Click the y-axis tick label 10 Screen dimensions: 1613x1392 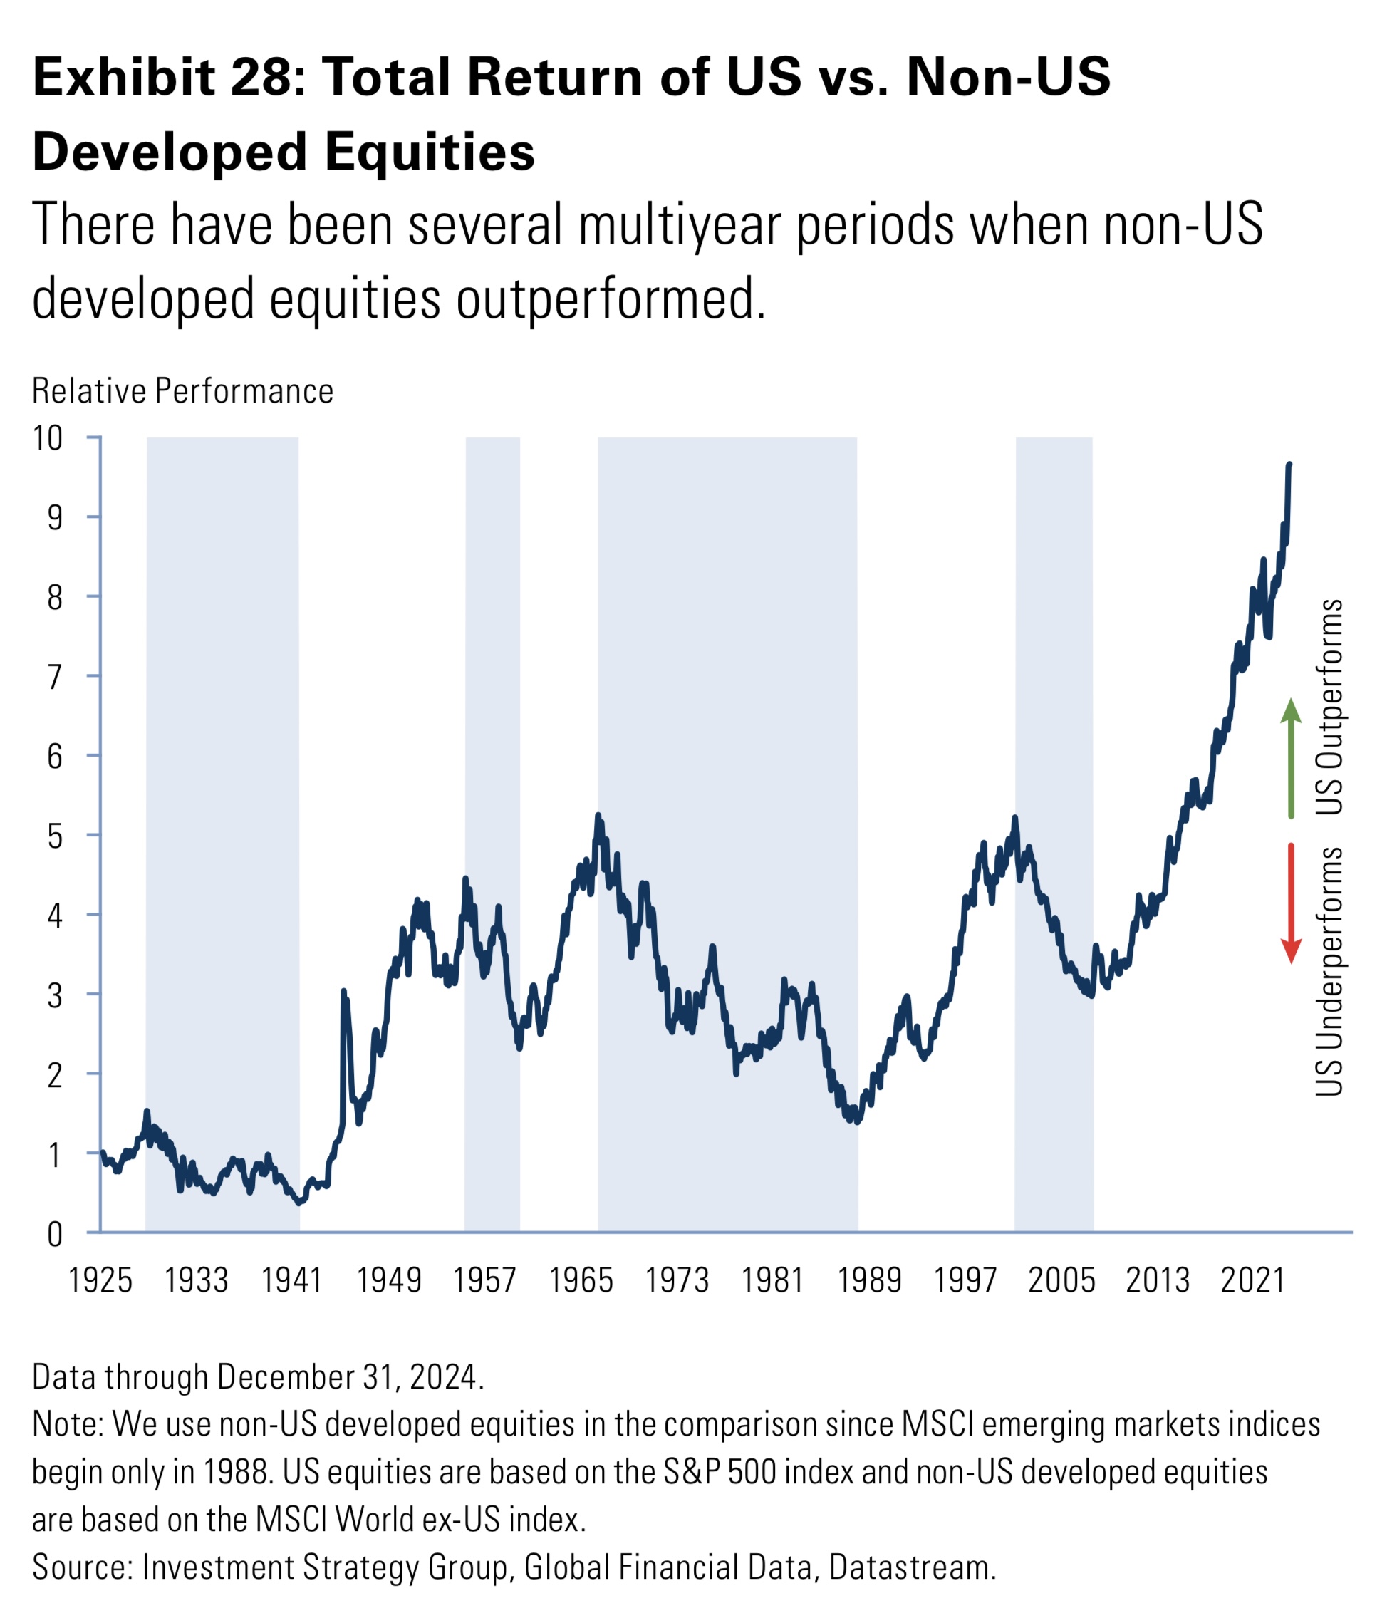click(x=47, y=438)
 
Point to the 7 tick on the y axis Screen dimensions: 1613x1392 click(x=53, y=678)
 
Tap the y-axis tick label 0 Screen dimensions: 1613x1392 click(x=53, y=1235)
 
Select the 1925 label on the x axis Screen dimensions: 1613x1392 click(x=100, y=1280)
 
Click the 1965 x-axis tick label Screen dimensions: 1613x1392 click(x=581, y=1280)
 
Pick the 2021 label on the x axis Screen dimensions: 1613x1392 click(x=1252, y=1280)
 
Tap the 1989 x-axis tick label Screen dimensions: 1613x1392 click(x=869, y=1280)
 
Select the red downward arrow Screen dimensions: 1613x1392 click(x=1291, y=903)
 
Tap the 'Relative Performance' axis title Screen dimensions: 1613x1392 click(x=182, y=391)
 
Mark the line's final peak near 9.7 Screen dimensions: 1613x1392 click(x=1289, y=465)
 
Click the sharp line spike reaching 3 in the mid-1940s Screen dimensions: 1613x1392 click(x=343, y=992)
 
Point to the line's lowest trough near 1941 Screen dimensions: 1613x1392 click(x=300, y=1202)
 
